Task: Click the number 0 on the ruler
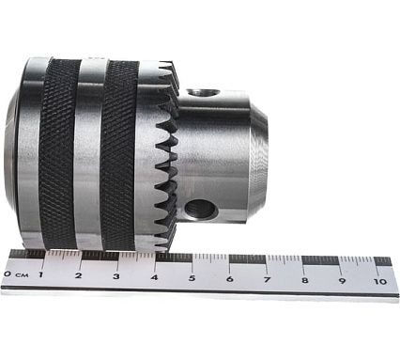(x=8, y=274)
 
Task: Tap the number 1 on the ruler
(x=40, y=275)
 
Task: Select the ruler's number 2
(x=78, y=275)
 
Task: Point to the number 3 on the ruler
(x=116, y=276)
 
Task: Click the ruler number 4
(x=154, y=277)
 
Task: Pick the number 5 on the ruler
(x=192, y=278)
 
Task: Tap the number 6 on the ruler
(x=230, y=278)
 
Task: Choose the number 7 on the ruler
(x=267, y=279)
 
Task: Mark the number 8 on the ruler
(x=305, y=280)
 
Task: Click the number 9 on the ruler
(x=342, y=280)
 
